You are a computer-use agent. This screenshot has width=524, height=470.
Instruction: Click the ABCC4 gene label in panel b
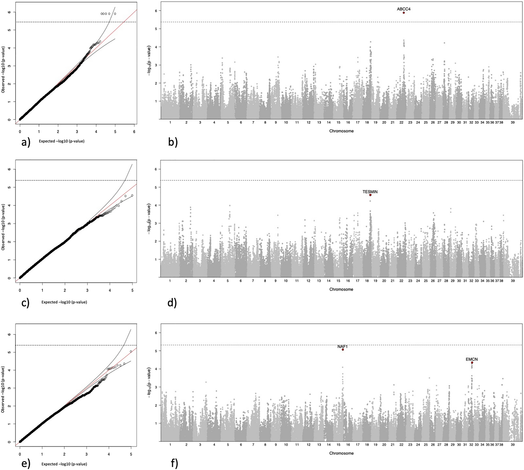point(403,9)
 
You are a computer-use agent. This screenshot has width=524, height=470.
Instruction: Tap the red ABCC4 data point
point(404,13)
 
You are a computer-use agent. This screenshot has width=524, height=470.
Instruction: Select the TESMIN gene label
point(370,192)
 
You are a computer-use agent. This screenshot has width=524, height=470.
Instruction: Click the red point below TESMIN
point(370,195)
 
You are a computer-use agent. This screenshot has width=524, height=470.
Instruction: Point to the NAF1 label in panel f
point(342,347)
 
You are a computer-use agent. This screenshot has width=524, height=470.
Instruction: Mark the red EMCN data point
point(472,363)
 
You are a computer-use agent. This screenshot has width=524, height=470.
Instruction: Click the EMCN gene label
point(472,359)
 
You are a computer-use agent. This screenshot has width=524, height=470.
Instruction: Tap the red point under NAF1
point(343,350)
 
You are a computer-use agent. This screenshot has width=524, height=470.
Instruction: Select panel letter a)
point(26,142)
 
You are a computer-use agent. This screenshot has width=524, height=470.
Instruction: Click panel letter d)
point(172,303)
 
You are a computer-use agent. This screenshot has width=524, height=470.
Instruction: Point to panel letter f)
point(174,463)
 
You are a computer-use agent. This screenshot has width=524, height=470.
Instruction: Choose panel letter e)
point(26,463)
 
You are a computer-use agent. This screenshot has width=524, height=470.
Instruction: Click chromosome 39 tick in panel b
point(513,122)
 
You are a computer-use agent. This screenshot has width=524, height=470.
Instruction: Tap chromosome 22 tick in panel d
point(401,281)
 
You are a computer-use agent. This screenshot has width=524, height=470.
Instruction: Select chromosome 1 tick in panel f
point(170,445)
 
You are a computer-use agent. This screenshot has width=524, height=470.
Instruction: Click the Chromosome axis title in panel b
point(341,131)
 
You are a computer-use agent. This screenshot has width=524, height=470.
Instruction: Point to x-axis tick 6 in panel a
point(134,132)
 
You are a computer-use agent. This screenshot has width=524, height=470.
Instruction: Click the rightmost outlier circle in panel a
point(115,14)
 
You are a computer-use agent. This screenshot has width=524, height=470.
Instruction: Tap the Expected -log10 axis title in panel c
point(64,302)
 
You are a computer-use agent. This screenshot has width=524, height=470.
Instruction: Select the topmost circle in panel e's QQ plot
point(131,352)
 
